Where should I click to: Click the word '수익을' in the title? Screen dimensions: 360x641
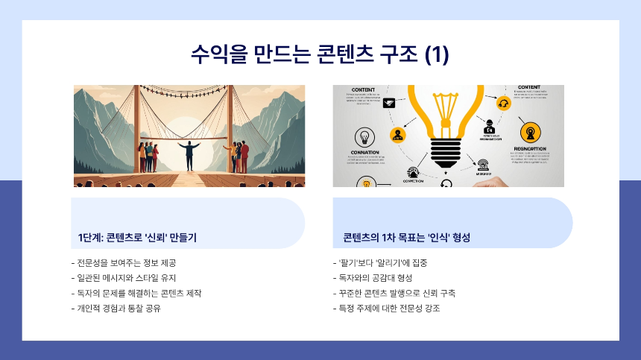(213, 54)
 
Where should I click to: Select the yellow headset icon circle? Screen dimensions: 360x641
(504, 104)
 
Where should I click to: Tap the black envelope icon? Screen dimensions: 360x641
(388, 104)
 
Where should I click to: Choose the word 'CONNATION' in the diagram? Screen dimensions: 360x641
(365, 152)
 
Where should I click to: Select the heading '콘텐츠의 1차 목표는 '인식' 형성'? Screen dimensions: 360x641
(407, 238)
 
